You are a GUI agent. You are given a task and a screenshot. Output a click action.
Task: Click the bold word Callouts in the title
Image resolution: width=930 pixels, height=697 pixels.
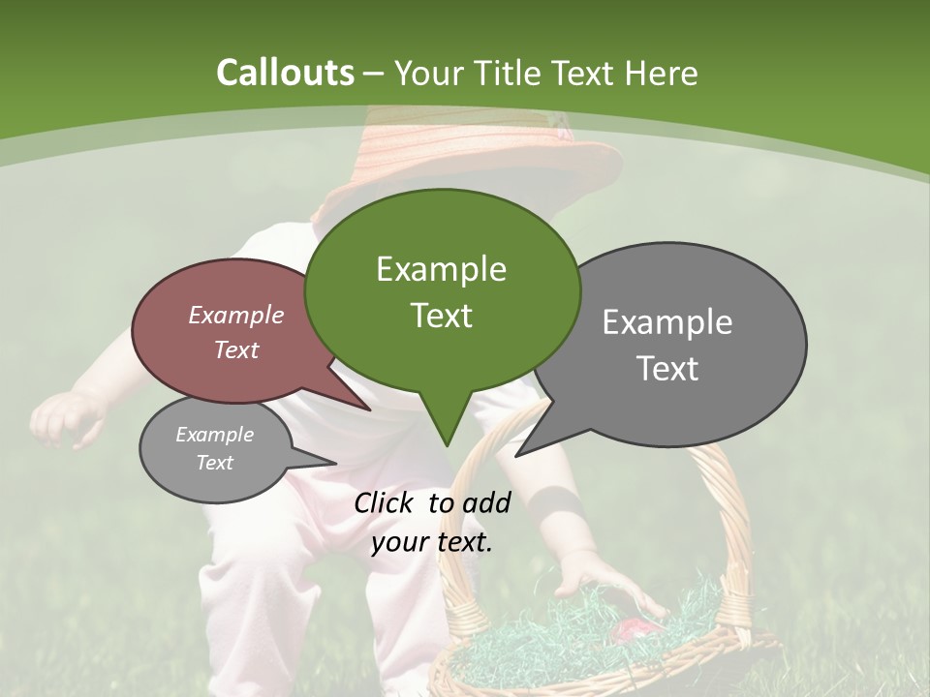[285, 73]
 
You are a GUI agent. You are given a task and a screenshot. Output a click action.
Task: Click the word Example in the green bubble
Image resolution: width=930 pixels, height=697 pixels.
[441, 269]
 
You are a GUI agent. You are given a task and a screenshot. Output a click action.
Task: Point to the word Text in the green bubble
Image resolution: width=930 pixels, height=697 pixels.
[441, 316]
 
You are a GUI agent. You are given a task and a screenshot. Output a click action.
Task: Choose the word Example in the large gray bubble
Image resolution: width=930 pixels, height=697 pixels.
[667, 322]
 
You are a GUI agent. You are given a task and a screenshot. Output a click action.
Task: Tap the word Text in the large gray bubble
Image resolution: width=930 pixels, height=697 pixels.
[667, 369]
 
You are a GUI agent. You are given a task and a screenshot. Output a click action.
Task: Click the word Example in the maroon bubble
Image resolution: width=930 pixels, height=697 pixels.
[236, 315]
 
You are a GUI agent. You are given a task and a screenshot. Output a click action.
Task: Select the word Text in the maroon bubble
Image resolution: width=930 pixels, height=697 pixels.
[236, 349]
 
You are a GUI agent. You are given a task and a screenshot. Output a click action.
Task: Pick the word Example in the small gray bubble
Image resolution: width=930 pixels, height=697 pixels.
[215, 435]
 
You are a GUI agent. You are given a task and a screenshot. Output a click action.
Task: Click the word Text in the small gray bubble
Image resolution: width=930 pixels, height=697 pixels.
[215, 463]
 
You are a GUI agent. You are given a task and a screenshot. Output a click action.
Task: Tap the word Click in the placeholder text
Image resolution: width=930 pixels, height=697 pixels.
[387, 502]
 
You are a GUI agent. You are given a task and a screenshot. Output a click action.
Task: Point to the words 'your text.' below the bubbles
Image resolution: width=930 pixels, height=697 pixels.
[432, 542]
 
